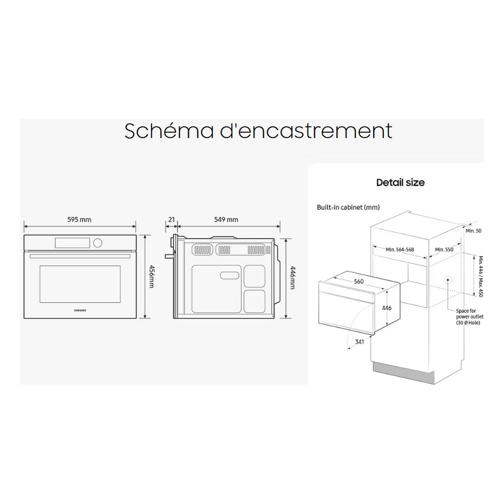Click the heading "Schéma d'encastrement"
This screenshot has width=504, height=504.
click(x=258, y=131)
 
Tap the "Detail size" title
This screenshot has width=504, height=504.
click(x=400, y=182)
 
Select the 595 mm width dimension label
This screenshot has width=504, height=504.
click(x=79, y=219)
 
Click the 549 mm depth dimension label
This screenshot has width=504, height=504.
click(x=226, y=219)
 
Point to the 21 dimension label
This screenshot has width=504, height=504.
click(x=171, y=219)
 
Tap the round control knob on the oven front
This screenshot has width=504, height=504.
click(x=98, y=243)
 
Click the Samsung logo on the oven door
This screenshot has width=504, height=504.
click(x=80, y=310)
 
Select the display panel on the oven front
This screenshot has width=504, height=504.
click(x=73, y=242)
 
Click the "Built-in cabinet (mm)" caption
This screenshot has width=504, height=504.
click(x=348, y=207)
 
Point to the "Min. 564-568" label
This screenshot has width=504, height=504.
click(x=400, y=249)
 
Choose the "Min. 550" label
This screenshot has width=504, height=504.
click(x=444, y=249)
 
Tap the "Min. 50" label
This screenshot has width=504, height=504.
click(x=473, y=231)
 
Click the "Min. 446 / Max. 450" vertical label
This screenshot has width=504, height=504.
click(x=480, y=277)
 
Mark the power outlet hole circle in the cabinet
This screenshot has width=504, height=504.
click(x=448, y=280)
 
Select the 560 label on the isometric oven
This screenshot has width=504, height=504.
click(x=359, y=282)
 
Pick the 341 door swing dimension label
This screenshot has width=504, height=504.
click(x=360, y=342)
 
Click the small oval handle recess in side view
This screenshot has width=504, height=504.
click(x=229, y=276)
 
